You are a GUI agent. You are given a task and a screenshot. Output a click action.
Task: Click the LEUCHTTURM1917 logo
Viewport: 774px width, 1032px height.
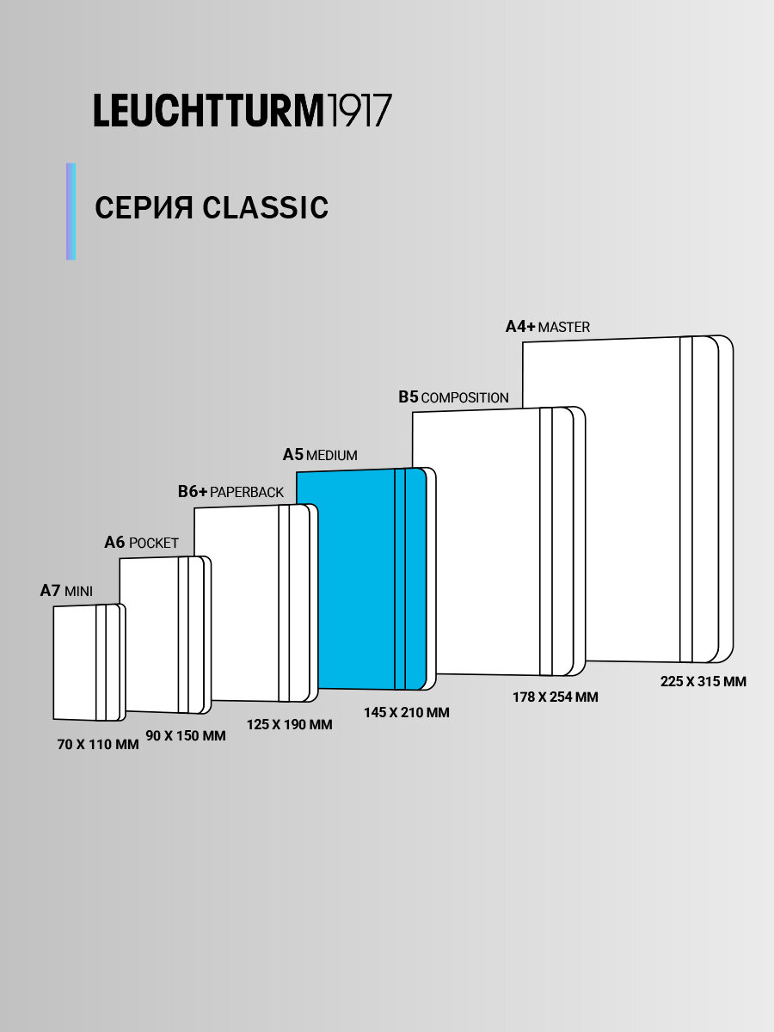click(243, 111)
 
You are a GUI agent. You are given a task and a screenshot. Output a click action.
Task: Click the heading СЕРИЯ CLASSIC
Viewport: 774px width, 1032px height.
click(212, 208)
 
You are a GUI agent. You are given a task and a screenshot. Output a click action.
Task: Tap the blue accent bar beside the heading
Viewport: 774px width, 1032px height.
click(71, 212)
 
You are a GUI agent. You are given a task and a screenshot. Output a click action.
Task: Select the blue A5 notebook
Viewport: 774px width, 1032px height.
click(353, 578)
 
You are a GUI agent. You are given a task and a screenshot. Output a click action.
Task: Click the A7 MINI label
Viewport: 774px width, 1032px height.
click(66, 591)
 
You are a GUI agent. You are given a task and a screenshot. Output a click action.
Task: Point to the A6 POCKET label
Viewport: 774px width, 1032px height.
click(141, 543)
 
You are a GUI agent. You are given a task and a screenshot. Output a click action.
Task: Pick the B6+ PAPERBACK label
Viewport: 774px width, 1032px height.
click(230, 492)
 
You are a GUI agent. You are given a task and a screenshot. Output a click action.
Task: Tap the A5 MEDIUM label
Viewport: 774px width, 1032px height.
click(320, 455)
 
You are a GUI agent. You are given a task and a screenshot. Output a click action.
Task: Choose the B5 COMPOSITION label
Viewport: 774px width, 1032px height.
click(453, 397)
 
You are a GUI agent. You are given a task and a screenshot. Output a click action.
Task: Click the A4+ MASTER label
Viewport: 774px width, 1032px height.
click(547, 327)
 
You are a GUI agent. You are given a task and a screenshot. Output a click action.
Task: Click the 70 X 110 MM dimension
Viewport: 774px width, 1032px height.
click(98, 745)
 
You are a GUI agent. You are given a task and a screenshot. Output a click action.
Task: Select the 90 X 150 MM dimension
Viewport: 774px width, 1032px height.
click(186, 736)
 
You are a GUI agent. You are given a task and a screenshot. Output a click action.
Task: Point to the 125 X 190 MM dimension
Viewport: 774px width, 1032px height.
click(289, 725)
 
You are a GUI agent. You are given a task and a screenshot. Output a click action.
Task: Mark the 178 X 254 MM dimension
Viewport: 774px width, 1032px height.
click(555, 697)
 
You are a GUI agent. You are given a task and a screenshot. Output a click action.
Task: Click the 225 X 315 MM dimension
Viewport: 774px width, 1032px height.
click(703, 681)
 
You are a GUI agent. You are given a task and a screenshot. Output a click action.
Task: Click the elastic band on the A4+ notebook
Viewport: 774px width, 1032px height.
click(685, 499)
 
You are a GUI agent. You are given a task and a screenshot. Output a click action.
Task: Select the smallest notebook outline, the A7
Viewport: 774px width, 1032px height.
click(76, 662)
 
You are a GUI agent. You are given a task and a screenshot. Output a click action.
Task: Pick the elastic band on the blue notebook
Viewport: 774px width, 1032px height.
click(399, 578)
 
